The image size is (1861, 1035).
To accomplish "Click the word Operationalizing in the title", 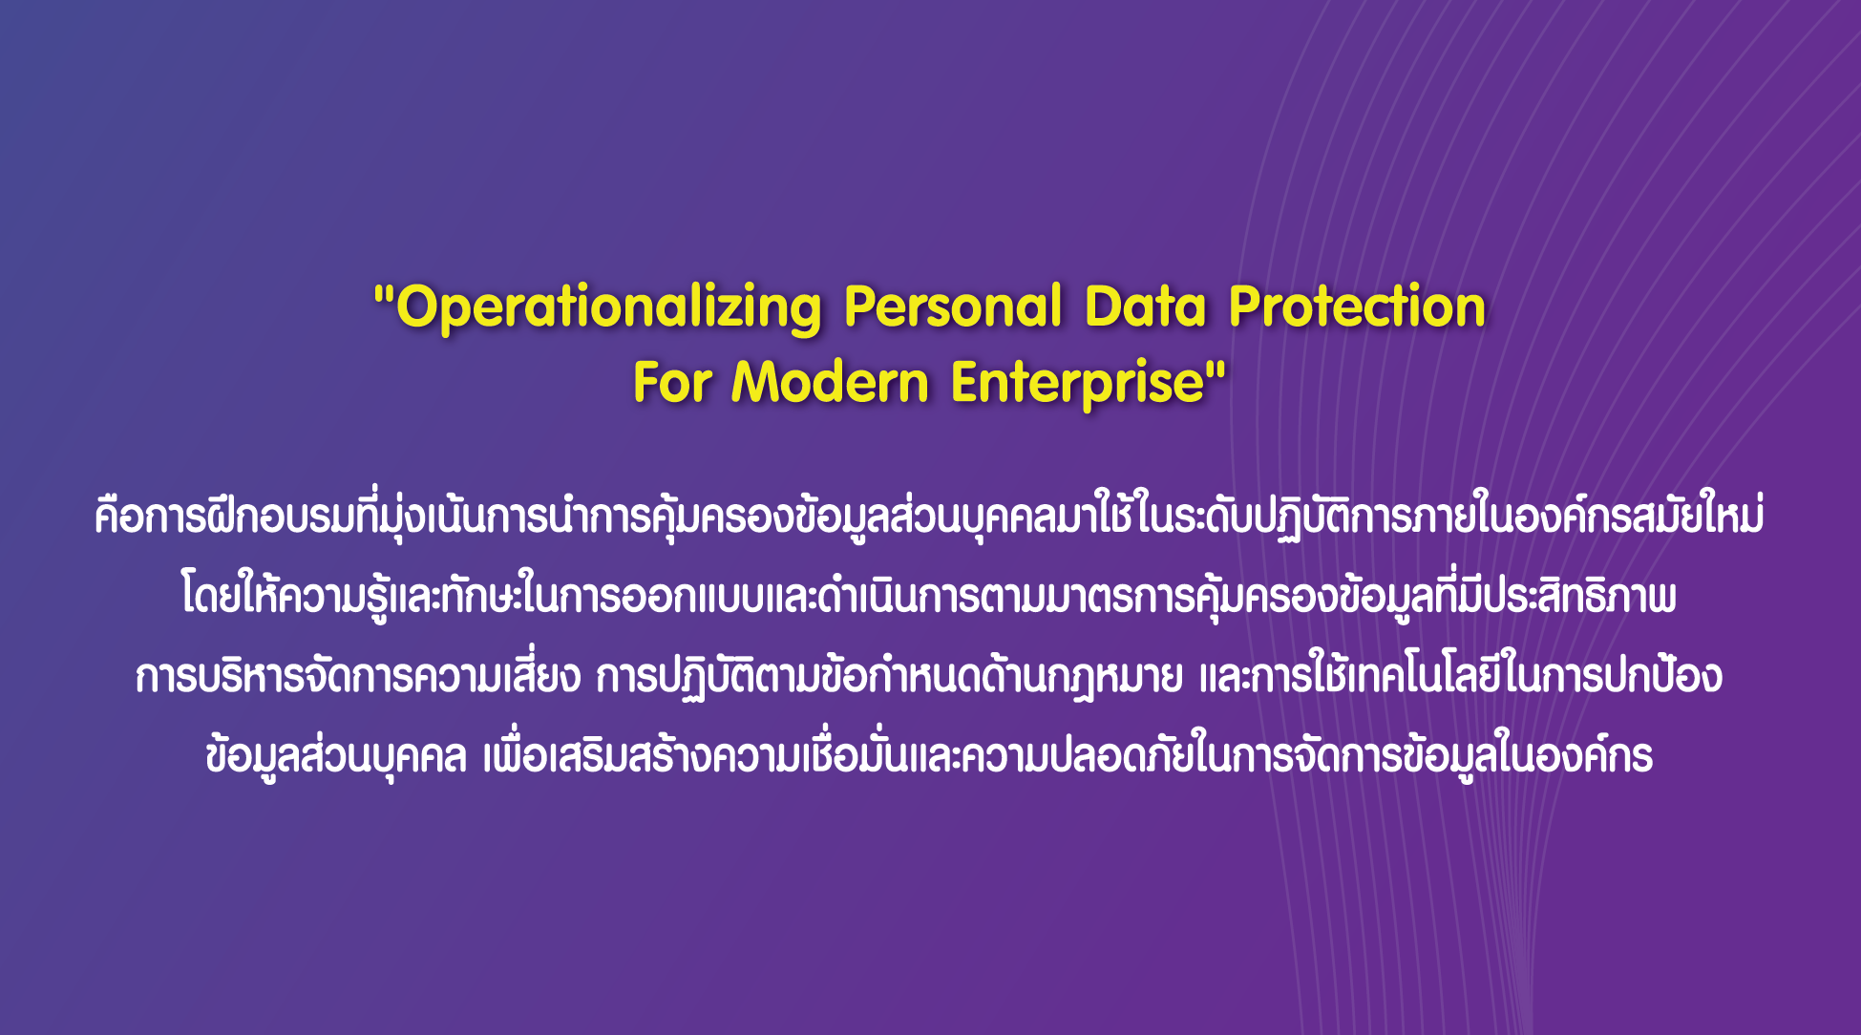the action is [608, 308].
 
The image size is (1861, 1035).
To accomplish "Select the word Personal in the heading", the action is [953, 306].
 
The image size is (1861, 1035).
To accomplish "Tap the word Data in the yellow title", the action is [1145, 306].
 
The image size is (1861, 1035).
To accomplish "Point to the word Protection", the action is [1357, 306].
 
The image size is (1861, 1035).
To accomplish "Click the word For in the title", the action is [671, 383].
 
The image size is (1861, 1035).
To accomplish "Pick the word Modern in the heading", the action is [830, 383].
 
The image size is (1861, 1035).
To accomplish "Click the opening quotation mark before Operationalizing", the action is [384, 291].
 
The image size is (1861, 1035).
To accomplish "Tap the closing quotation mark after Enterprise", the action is [1216, 368].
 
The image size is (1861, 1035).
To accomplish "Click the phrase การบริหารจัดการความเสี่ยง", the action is [358, 676].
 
